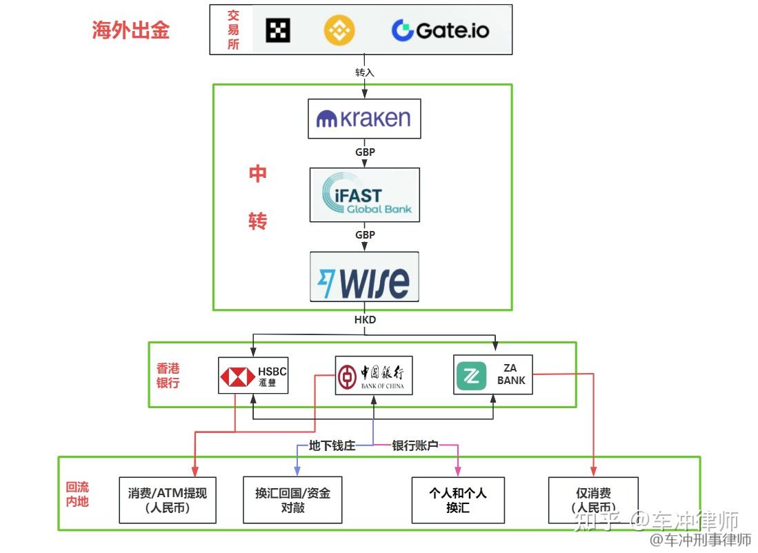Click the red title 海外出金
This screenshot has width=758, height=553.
[x=130, y=30]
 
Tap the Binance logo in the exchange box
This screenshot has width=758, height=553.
[x=339, y=30]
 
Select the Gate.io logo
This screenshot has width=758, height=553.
[x=440, y=30]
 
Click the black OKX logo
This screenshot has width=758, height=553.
[x=278, y=30]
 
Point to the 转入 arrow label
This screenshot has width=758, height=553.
[x=364, y=72]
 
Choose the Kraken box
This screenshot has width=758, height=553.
[x=364, y=119]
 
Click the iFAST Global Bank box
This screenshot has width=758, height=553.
[x=364, y=194]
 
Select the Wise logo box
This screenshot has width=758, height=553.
[x=364, y=276]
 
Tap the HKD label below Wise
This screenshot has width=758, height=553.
[x=365, y=320]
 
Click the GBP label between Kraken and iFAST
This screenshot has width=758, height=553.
[x=365, y=152]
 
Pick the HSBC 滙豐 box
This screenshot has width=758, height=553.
[x=253, y=376]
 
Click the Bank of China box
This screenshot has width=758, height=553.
[x=373, y=375]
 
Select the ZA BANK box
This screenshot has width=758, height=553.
[x=492, y=374]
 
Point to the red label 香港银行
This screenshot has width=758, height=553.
[x=168, y=375]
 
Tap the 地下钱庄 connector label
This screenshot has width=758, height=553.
[x=332, y=445]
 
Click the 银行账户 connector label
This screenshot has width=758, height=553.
[x=415, y=445]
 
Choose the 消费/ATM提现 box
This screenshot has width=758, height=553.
[x=168, y=500]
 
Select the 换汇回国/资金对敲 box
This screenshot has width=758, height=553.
[x=292, y=500]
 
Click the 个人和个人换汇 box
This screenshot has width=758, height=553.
[x=457, y=500]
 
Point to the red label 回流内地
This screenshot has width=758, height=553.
[x=77, y=494]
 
